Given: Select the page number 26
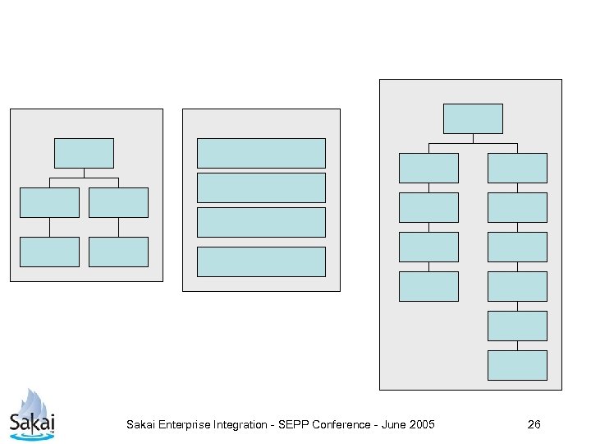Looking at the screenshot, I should pyautogui.click(x=534, y=424).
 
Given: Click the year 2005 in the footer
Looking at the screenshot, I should pyautogui.click(x=420, y=424).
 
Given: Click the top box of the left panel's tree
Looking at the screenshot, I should pyautogui.click(x=84, y=153).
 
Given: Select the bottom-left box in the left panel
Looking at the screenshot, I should pyautogui.click(x=49, y=252).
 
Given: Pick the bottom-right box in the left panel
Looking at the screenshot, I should pyautogui.click(x=118, y=252).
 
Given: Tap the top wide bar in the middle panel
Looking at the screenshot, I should pyautogui.click(x=261, y=153).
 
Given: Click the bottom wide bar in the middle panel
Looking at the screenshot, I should pyautogui.click(x=261, y=261).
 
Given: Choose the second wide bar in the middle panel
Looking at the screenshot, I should pyautogui.click(x=261, y=187).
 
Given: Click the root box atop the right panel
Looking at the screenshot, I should pyautogui.click(x=473, y=118).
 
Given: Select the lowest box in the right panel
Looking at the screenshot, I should pyautogui.click(x=517, y=365).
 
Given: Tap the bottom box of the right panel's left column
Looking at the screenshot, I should pyautogui.click(x=428, y=286).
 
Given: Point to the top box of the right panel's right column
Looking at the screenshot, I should pyautogui.click(x=517, y=168).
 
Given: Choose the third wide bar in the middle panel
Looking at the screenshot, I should pyautogui.click(x=261, y=222).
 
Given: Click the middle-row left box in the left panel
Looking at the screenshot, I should pyautogui.click(x=49, y=202).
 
